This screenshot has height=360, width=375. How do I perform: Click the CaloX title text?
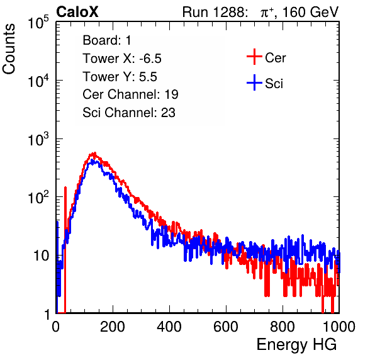(77, 12)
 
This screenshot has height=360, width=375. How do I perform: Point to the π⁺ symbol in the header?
(267, 13)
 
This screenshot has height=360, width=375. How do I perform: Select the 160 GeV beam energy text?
(310, 12)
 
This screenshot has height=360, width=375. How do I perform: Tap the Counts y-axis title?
(9, 49)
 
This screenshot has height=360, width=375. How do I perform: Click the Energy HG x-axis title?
(296, 345)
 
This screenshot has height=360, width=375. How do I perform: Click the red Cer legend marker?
(254, 57)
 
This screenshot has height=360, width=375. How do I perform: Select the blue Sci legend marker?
(254, 83)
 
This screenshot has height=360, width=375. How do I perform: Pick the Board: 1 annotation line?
(107, 40)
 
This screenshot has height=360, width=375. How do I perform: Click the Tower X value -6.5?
(150, 59)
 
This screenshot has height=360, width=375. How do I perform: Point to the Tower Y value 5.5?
(148, 77)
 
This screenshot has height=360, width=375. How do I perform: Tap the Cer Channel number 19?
(171, 94)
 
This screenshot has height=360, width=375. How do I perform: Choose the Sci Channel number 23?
(168, 113)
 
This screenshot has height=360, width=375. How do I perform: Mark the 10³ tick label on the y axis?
(38, 139)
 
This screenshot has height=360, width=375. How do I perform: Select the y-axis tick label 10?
(41, 256)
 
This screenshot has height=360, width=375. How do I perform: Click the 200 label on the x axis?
(113, 327)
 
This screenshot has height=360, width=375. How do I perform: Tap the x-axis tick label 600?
(226, 327)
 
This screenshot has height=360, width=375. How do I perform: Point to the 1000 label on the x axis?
(339, 327)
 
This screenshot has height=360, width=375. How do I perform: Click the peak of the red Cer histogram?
(94, 153)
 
